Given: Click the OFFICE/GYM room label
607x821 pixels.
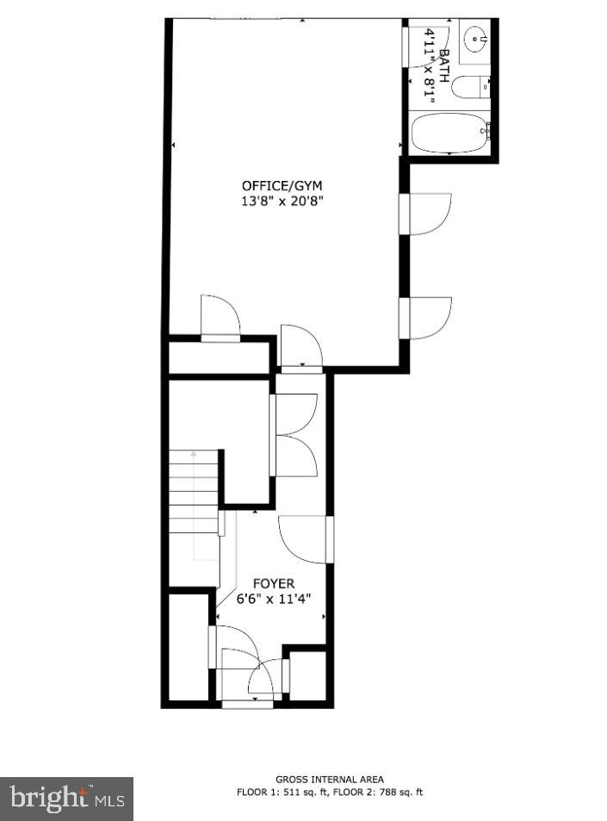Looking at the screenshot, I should pyautogui.click(x=282, y=185).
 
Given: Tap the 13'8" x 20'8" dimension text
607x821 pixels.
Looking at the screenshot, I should pyautogui.click(x=282, y=202).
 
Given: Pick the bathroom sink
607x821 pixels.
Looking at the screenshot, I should pyautogui.click(x=475, y=39).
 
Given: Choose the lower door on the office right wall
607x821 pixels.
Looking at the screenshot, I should pyautogui.click(x=428, y=317).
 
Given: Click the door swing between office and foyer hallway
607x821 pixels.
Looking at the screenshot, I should pyautogui.click(x=300, y=346).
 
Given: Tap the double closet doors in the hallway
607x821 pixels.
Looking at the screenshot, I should pyautogui.click(x=295, y=435).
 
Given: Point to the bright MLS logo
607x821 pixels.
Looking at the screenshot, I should pyautogui.click(x=67, y=799).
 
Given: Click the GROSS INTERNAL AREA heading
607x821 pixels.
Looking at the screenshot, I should pyautogui.click(x=330, y=779).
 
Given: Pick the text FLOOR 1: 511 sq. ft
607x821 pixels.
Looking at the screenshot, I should pyautogui.click(x=281, y=792).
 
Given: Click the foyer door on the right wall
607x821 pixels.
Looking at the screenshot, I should pyautogui.click(x=303, y=539).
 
